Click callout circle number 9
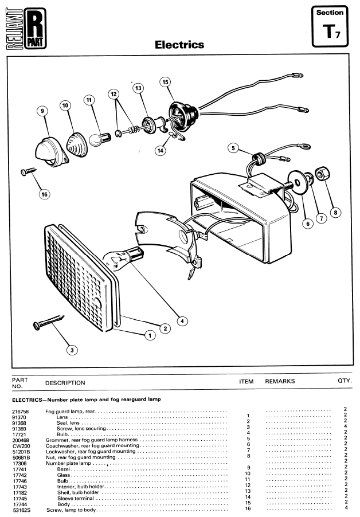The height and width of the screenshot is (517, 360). click(x=42, y=111)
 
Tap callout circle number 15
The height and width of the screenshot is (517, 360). click(x=166, y=82)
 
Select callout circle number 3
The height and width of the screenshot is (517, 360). click(x=72, y=350)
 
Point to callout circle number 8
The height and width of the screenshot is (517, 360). click(x=335, y=212)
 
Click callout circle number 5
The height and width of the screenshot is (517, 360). click(x=233, y=148)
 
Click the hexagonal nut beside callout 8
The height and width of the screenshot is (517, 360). click(x=321, y=174)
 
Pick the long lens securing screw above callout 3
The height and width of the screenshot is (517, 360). click(x=49, y=322)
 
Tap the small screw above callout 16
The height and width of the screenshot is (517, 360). click(x=28, y=171)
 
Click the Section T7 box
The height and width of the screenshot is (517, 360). click(x=330, y=26)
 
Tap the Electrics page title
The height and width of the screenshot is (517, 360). click(x=179, y=45)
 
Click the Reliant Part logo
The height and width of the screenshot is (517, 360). click(x=26, y=29)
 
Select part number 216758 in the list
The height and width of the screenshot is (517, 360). click(x=21, y=412)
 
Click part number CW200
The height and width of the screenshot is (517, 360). click(x=21, y=446)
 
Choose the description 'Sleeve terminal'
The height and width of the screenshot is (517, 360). click(x=76, y=498)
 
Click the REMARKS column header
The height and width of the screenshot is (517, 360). click(x=280, y=381)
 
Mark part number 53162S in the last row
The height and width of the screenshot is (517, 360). click(x=22, y=510)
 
